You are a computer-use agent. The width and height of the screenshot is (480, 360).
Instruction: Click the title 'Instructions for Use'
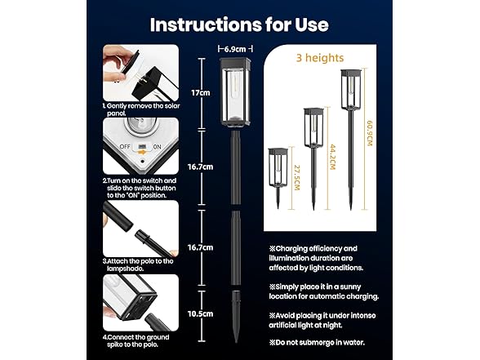coord(239,24)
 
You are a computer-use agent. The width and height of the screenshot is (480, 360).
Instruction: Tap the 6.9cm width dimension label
coord(235,49)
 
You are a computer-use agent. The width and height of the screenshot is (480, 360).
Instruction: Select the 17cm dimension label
coord(201,93)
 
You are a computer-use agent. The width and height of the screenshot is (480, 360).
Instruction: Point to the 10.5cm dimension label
coord(200,313)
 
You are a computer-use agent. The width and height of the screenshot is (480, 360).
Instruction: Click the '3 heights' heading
coord(320,58)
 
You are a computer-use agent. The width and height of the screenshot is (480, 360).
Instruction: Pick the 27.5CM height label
coord(297,178)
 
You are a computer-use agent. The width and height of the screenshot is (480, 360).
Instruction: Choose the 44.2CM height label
coord(332,157)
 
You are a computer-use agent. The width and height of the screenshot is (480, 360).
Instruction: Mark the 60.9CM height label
coord(370,133)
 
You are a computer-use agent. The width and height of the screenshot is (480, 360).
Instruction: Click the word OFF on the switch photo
coord(125,147)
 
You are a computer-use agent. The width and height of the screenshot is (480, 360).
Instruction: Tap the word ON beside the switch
coord(157,147)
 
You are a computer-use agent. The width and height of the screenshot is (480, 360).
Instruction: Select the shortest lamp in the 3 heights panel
coord(278,179)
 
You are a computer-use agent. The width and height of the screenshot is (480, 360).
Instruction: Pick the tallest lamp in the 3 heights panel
coord(351,140)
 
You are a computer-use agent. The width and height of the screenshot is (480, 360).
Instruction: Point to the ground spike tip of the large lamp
coord(236,342)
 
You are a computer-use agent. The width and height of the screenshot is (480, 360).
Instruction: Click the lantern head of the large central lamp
coord(236,91)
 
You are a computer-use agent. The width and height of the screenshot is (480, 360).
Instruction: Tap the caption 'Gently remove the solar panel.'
coord(141,109)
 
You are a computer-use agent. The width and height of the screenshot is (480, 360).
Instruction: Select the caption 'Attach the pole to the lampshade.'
coord(138,264)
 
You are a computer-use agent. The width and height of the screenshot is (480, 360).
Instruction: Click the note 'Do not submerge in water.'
coord(317,343)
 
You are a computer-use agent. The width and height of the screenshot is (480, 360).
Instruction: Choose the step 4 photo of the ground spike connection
coord(140,303)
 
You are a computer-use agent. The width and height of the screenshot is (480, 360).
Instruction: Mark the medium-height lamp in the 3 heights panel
coord(313,159)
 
